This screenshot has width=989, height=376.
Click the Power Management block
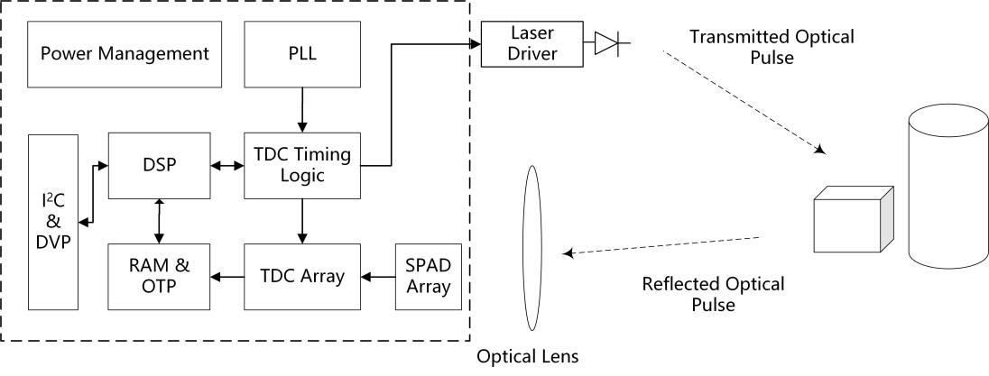click(x=125, y=54)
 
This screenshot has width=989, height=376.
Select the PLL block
click(x=302, y=54)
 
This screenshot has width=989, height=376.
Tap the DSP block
click(x=159, y=165)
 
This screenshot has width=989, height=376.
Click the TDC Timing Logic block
click(x=302, y=165)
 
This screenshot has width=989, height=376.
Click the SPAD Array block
click(x=425, y=276)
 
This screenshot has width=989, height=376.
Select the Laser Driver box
click(x=520, y=43)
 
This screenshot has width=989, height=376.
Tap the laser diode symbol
click(x=606, y=43)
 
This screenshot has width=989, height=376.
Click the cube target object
click(x=854, y=222)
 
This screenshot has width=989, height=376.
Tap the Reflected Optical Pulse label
click(x=713, y=294)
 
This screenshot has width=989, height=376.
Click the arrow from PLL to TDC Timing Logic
click(x=302, y=110)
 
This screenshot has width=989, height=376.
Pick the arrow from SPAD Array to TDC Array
click(x=378, y=276)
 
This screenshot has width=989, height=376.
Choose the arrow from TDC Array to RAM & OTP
click(x=227, y=276)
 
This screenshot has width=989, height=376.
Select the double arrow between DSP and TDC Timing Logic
click(x=227, y=165)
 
